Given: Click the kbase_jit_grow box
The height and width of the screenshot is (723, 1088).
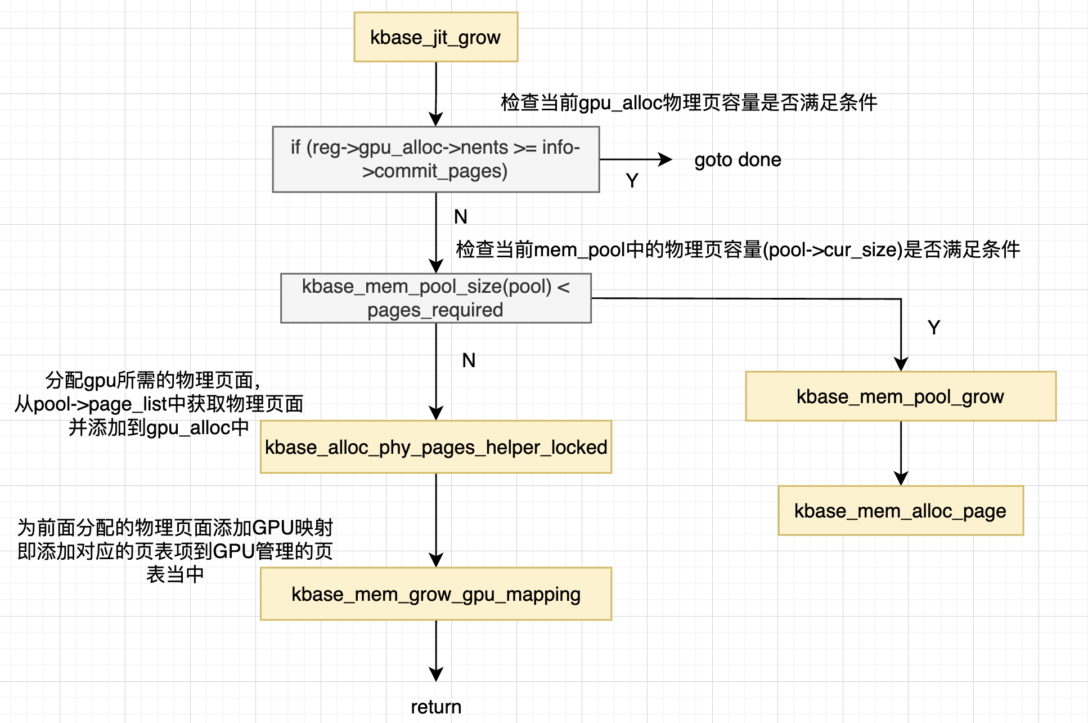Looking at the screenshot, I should click(435, 37).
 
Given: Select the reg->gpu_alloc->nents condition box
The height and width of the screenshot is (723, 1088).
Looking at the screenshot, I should click(435, 159).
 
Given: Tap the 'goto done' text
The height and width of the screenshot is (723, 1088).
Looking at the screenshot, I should click(738, 160).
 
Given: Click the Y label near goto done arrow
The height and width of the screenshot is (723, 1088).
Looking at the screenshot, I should click(632, 181).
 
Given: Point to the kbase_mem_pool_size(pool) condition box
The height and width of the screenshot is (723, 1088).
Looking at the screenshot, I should click(435, 298).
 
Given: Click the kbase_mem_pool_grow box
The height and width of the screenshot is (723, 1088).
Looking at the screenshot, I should click(900, 396).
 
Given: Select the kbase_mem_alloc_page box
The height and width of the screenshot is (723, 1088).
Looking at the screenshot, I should click(900, 511).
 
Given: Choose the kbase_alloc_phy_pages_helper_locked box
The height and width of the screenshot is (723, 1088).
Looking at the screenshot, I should click(435, 447).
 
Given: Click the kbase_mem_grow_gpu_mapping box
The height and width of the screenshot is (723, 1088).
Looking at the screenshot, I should click(435, 594).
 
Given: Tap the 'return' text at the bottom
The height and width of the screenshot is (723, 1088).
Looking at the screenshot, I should click(435, 707).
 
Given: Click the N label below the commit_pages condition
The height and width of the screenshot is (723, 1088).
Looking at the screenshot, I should click(460, 217).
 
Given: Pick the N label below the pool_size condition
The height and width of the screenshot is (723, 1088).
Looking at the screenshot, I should click(469, 360).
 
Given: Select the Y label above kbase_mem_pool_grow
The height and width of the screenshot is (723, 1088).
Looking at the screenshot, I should click(934, 328).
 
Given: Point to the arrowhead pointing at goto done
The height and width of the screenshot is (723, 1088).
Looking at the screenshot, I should click(666, 159).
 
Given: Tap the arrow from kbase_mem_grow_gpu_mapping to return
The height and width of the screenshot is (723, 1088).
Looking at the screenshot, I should click(436, 648).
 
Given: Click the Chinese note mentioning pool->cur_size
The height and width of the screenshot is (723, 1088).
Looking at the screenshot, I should click(738, 249).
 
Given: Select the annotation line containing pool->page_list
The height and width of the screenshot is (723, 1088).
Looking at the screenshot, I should click(159, 404).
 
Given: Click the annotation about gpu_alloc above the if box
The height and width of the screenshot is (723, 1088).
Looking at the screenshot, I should click(689, 102).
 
